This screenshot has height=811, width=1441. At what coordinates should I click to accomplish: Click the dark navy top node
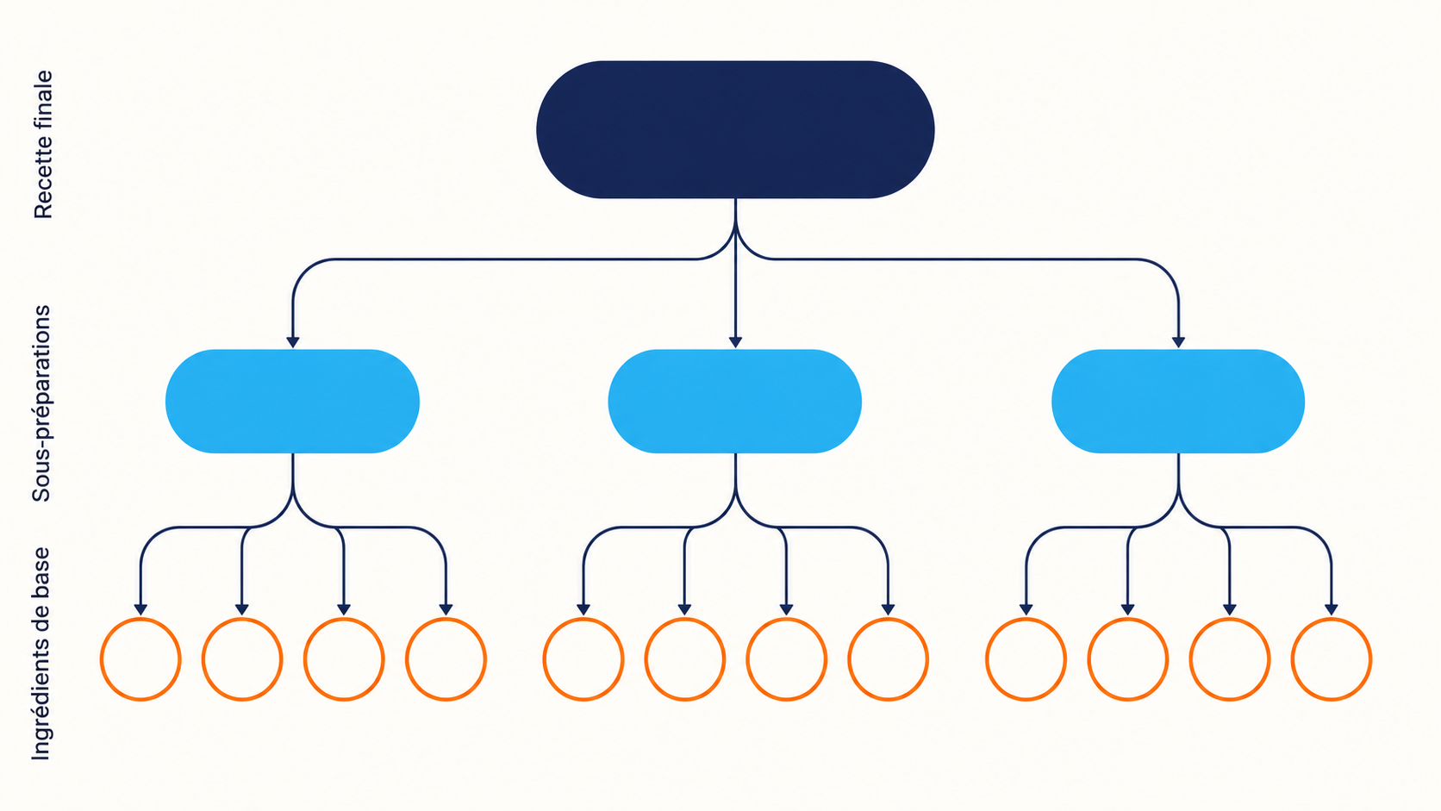click(735, 129)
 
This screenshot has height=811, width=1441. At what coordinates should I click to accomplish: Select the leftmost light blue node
click(293, 402)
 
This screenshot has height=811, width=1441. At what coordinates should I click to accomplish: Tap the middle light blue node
click(734, 402)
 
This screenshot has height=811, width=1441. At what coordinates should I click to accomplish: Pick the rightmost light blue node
click(1178, 402)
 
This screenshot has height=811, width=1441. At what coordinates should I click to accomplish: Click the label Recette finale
click(43, 145)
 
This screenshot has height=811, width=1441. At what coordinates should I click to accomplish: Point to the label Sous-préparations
click(41, 403)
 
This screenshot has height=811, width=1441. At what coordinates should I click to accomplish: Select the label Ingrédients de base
click(41, 653)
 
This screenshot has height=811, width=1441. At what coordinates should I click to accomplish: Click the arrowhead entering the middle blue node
click(735, 342)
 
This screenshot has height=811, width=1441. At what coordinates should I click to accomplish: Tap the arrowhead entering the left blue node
click(293, 342)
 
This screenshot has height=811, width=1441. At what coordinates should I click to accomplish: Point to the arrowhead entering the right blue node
click(1178, 342)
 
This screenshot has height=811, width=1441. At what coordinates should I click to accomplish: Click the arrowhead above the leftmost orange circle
click(140, 609)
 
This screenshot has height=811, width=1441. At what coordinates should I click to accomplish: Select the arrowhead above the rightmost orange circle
click(1331, 609)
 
